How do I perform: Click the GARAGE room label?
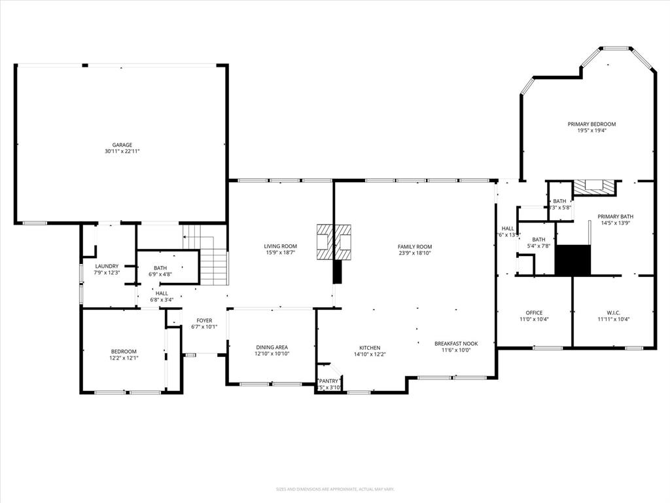tap(122, 145)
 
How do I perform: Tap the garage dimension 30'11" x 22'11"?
tap(122, 151)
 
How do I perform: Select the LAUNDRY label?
tap(107, 266)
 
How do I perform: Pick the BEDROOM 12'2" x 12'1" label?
tap(123, 351)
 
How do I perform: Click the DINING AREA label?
tap(272, 347)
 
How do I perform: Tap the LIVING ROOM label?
tap(281, 246)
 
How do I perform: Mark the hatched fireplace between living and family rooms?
tap(334, 240)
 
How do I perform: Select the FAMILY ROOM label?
tap(415, 247)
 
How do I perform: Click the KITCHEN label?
tap(370, 348)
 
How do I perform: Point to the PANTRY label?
tap(328, 381)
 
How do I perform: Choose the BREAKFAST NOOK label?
tap(456, 343)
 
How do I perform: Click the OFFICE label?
tap(534, 312)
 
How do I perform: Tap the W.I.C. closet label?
tap(613, 312)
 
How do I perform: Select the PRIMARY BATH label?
tap(615, 216)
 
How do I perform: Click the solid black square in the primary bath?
tap(573, 259)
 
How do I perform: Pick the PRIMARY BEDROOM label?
tap(591, 124)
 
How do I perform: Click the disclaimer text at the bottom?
tap(335, 489)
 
